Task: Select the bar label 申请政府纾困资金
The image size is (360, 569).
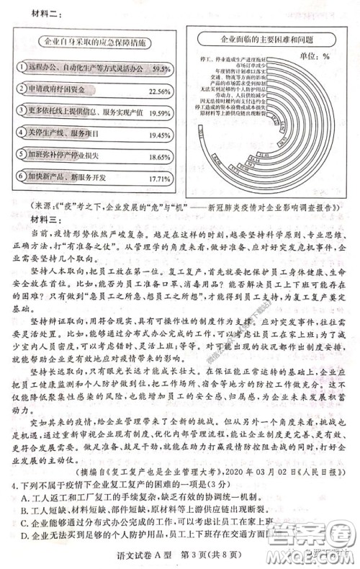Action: pyautogui.click(x=67, y=90)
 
